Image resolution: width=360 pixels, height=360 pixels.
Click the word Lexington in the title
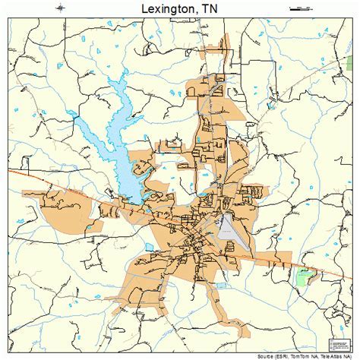pos(166,8)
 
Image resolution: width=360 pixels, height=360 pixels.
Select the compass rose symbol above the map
pos(61,8)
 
